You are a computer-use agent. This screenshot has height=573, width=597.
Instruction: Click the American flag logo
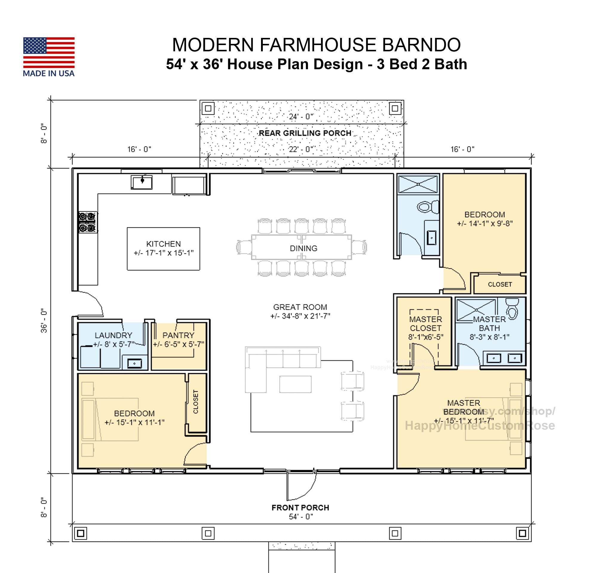click(x=49, y=52)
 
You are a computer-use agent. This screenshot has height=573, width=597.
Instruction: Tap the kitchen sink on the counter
click(x=142, y=182)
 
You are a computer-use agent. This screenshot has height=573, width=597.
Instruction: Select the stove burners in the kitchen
click(x=87, y=222)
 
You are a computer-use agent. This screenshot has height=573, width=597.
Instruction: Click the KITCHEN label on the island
click(x=163, y=244)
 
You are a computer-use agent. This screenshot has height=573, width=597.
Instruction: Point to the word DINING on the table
click(x=303, y=248)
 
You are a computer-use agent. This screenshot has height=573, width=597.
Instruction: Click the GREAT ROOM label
click(x=300, y=307)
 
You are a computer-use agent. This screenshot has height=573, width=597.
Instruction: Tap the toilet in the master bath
click(x=512, y=308)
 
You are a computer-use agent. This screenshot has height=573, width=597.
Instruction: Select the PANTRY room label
click(x=178, y=335)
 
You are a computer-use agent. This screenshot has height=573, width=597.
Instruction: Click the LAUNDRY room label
click(x=113, y=335)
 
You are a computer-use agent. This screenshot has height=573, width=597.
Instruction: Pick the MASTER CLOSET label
click(x=426, y=324)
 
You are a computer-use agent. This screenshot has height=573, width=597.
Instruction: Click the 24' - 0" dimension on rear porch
click(x=301, y=117)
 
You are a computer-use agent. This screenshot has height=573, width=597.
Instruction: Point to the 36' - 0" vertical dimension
click(x=44, y=321)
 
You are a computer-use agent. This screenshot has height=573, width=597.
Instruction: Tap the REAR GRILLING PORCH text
click(x=305, y=133)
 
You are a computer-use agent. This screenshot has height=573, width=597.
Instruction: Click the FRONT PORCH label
click(x=300, y=508)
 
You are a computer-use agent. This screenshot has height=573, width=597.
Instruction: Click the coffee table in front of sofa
click(x=295, y=384)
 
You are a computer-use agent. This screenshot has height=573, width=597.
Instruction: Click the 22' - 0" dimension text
click(x=301, y=149)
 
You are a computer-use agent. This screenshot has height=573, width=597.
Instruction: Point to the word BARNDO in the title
click(x=421, y=45)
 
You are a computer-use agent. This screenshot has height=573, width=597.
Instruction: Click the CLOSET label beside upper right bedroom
click(x=500, y=284)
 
